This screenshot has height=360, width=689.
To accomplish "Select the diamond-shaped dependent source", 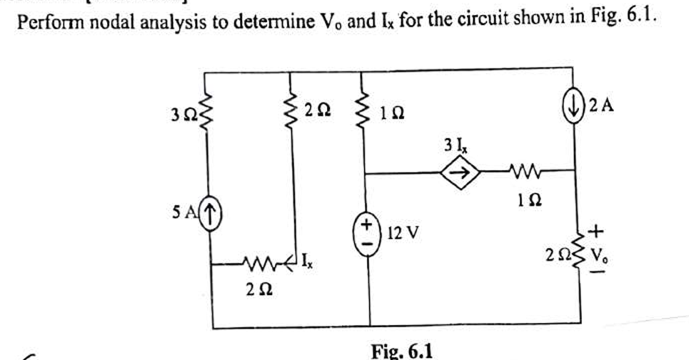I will (x=461, y=172).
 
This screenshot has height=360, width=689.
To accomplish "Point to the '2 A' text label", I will (x=601, y=106).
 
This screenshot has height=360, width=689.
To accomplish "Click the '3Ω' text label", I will (x=176, y=113).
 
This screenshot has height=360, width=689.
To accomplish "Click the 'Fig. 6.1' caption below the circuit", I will (x=401, y=350).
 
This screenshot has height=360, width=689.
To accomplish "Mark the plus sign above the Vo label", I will (x=597, y=230).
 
